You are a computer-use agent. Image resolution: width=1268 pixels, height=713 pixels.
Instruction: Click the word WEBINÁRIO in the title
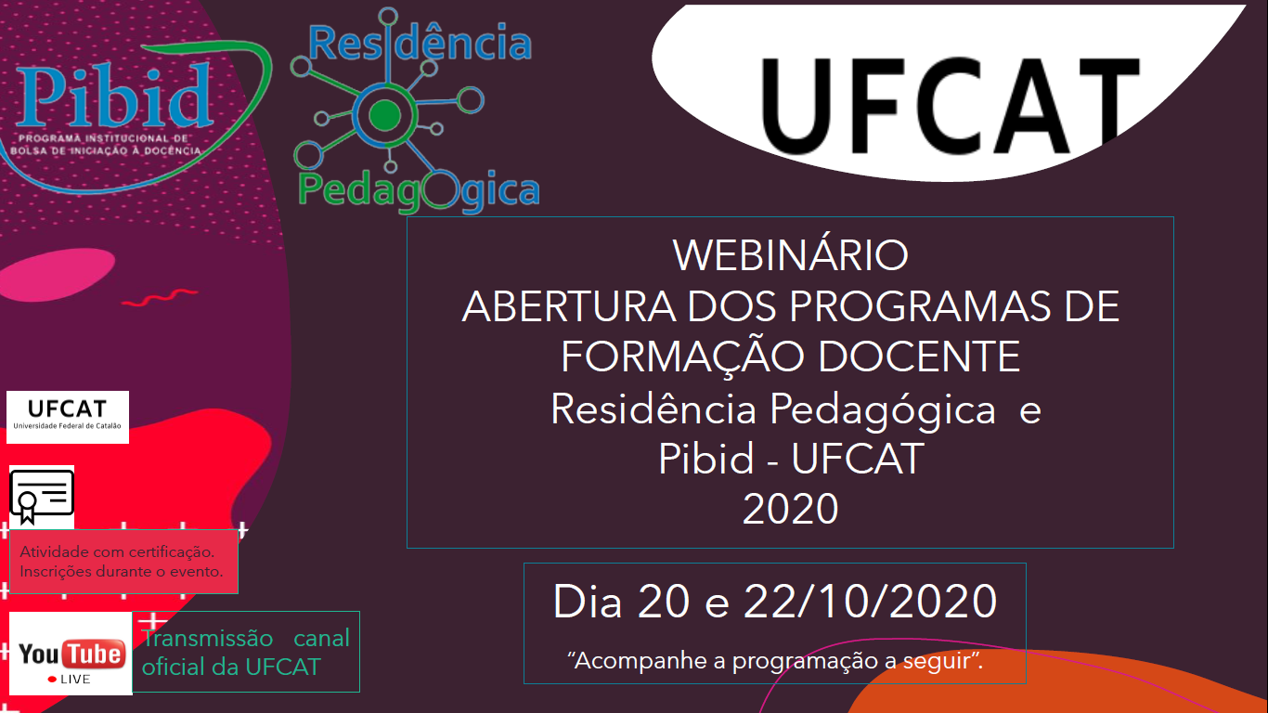(790, 255)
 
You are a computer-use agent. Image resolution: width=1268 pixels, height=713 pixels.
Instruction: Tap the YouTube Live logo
(71, 654)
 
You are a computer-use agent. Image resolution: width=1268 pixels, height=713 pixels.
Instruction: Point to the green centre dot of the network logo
(385, 115)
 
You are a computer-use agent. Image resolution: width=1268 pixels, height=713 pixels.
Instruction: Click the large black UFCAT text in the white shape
(950, 106)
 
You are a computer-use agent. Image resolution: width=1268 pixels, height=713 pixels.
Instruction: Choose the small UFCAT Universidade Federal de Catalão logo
(68, 417)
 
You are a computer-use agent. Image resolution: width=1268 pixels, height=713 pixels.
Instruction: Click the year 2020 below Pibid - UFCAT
(790, 509)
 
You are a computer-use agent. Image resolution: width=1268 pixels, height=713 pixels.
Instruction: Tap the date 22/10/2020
(870, 602)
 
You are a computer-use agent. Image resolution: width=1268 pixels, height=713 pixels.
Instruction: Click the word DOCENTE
(919, 356)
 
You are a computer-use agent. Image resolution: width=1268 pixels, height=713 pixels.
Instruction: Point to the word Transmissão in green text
(207, 638)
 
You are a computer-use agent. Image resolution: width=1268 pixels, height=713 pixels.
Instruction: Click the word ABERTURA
(569, 307)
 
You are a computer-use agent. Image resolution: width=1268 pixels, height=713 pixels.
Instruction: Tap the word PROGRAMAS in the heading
(920, 307)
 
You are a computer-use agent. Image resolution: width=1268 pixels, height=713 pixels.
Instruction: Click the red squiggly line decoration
(160, 297)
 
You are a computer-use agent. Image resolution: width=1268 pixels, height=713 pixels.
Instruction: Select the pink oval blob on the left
(57, 274)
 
